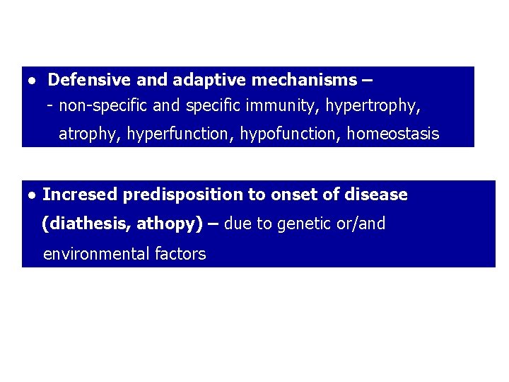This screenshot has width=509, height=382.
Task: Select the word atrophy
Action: [x=89, y=134]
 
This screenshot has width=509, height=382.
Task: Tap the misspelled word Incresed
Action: [x=80, y=195]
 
